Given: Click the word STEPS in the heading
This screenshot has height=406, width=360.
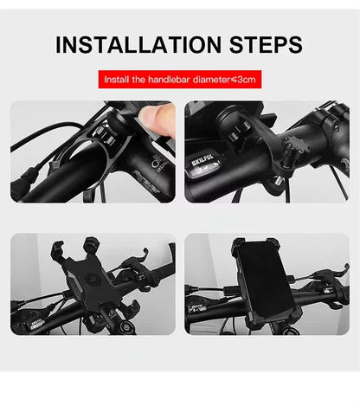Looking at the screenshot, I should pos(260,44).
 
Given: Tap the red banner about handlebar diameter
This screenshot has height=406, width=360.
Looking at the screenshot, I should pos(179,80).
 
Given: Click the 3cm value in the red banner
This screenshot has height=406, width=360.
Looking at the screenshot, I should pos(247,80).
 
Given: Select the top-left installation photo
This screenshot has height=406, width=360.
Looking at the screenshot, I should pos(93,151).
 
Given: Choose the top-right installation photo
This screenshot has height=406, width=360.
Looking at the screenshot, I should pos(267,151).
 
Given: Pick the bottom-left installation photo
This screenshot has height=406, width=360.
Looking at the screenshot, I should pos(93,284).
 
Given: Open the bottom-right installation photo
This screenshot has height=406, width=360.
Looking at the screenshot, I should pos(267,284).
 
